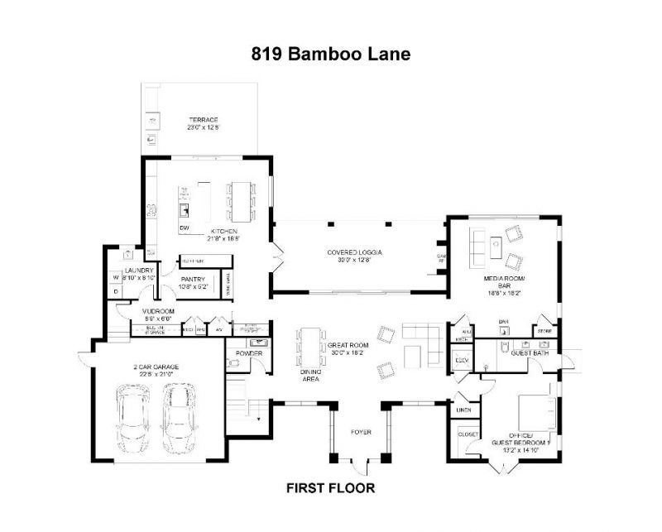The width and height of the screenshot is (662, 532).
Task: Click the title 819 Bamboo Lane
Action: coord(330,55)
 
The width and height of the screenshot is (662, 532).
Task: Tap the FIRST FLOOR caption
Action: coord(330,488)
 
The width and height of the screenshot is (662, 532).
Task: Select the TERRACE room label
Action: coord(202,120)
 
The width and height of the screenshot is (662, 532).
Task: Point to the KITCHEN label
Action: coord(223,231)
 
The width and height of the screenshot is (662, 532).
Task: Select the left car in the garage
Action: coord(132,418)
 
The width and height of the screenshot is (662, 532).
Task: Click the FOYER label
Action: coord(360,432)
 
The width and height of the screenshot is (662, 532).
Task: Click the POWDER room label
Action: coord(248,353)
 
